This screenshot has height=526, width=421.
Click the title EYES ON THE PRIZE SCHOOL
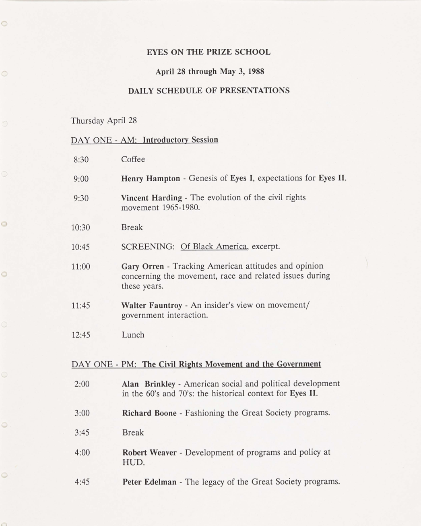(x=208, y=52)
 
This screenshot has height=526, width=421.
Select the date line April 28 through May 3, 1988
(x=210, y=72)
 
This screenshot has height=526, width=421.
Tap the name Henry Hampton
(x=151, y=178)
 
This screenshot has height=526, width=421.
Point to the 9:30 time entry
(x=81, y=198)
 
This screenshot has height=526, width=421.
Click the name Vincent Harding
(x=151, y=198)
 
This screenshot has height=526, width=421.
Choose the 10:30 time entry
(x=80, y=228)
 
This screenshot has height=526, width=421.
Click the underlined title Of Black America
(x=213, y=246)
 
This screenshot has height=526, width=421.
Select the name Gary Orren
(x=142, y=266)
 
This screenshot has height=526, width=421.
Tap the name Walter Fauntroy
(x=151, y=306)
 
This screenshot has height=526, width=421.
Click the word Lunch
(x=133, y=335)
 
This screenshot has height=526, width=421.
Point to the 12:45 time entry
(x=81, y=335)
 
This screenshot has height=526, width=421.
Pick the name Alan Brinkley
(x=149, y=384)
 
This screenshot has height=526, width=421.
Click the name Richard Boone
(x=149, y=413)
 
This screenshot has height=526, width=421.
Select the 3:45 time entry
(x=82, y=433)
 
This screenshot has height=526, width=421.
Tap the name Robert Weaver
(x=149, y=453)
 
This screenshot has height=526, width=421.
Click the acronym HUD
(x=133, y=463)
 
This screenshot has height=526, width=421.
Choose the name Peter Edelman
(x=149, y=482)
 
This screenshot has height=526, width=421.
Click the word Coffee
(x=133, y=159)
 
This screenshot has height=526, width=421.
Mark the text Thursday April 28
(x=104, y=121)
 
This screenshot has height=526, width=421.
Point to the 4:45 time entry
(x=82, y=482)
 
